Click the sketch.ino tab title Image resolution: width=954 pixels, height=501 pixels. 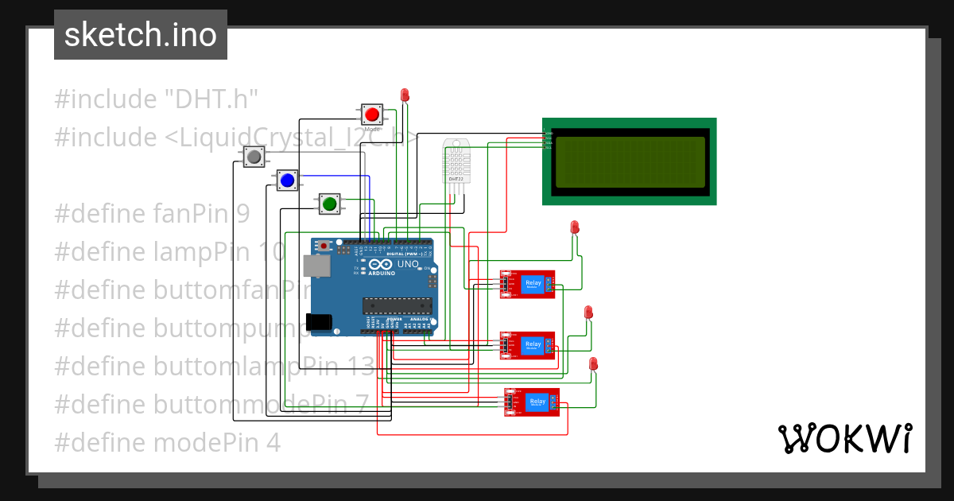pyautogui.click(x=141, y=35)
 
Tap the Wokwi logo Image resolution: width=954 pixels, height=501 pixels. pyautogui.click(x=844, y=438)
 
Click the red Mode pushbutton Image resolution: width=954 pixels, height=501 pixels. pyautogui.click(x=371, y=114)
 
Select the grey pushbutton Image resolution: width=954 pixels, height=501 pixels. pyautogui.click(x=254, y=157)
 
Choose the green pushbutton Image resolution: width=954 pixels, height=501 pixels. pyautogui.click(x=329, y=204)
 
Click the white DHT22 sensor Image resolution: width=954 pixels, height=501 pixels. pyautogui.click(x=456, y=161)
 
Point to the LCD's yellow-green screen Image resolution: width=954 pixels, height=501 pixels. pyautogui.click(x=630, y=162)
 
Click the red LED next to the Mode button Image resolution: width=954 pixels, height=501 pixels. pyautogui.click(x=405, y=95)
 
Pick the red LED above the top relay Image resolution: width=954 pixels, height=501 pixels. pyautogui.click(x=575, y=227)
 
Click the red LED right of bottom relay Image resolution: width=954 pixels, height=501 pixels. pyautogui.click(x=593, y=364)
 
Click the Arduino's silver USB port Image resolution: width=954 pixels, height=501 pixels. pyautogui.click(x=319, y=266)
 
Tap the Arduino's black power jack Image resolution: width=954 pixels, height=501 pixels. pyautogui.click(x=320, y=321)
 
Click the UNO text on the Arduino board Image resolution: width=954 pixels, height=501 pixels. pyautogui.click(x=408, y=264)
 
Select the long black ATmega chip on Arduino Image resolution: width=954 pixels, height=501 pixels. pyautogui.click(x=397, y=305)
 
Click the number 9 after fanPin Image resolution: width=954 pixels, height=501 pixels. pyautogui.click(x=242, y=214)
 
